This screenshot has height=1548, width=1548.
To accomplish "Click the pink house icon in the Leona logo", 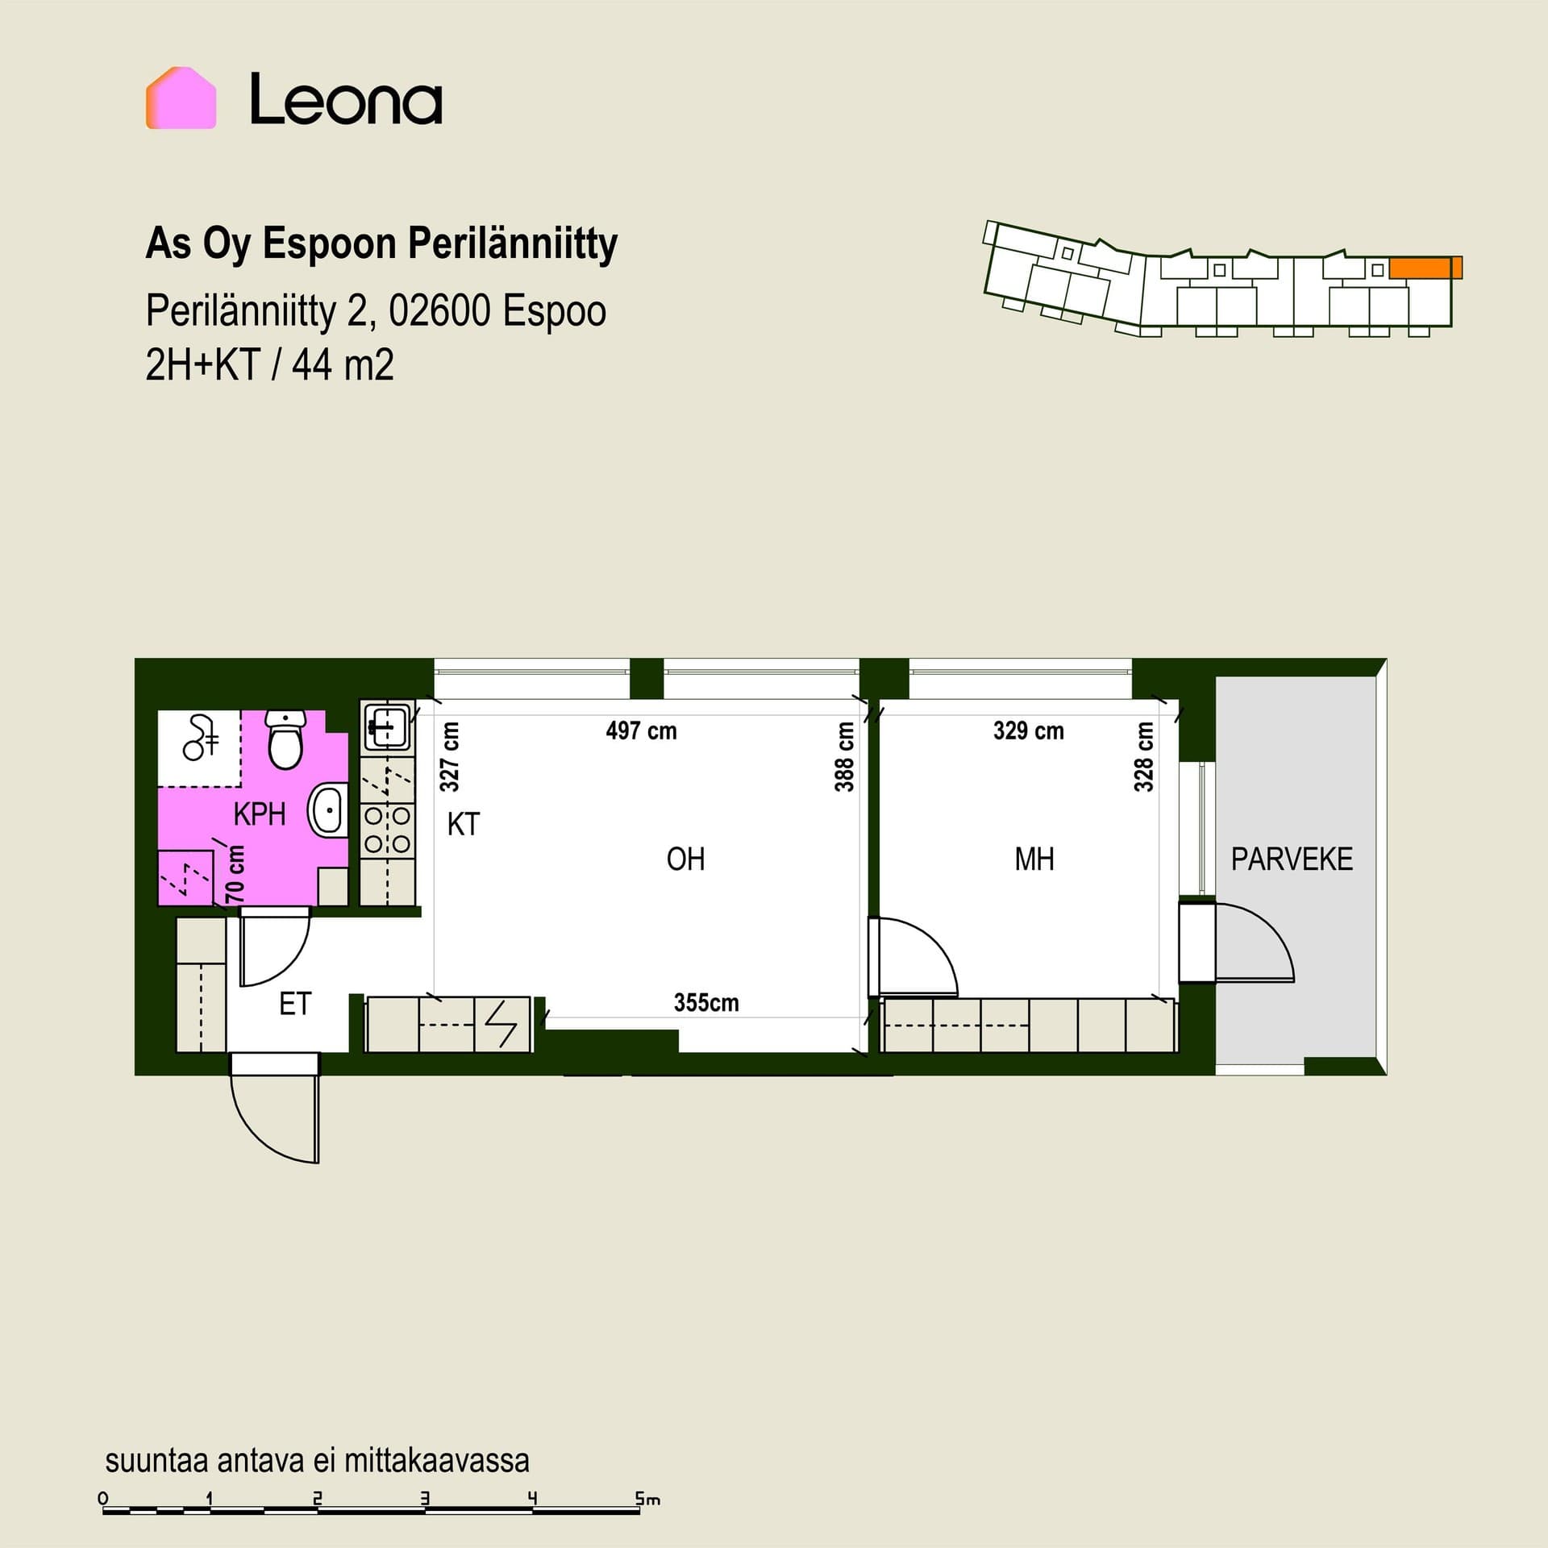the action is click(x=181, y=98).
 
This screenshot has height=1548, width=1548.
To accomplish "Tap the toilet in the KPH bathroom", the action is click(x=285, y=739).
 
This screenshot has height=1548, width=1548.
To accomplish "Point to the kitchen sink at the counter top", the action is click(x=387, y=725).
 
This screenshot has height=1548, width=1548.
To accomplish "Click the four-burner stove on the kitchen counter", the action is click(x=387, y=830).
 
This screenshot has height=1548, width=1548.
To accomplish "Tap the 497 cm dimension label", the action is click(x=641, y=731).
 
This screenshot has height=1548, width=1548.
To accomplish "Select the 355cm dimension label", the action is click(x=706, y=1002).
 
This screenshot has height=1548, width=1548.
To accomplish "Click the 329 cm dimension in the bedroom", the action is click(x=1028, y=731).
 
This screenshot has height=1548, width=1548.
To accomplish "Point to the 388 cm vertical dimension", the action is click(x=844, y=756).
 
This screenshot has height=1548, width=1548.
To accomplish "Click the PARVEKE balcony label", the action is click(x=1292, y=859).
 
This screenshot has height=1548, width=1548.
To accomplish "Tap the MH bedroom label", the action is click(x=1034, y=859).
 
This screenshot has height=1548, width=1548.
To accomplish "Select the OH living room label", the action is click(x=685, y=859).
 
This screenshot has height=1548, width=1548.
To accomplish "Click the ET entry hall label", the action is click(x=295, y=1004).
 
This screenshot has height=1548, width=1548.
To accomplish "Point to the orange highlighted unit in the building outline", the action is click(x=1425, y=268).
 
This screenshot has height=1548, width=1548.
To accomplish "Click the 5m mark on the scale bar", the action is click(x=647, y=1500).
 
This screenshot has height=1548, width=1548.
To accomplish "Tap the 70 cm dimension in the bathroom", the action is click(x=235, y=874).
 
